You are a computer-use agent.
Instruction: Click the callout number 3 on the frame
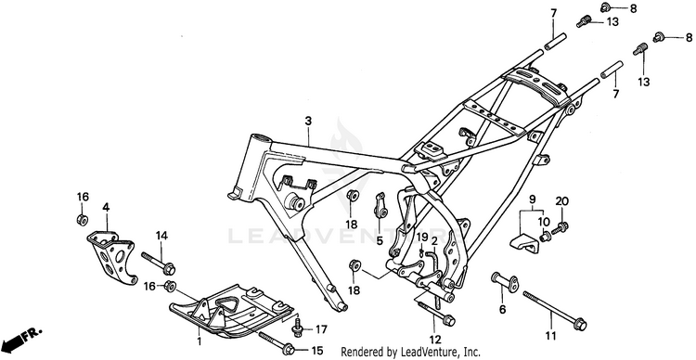(308, 121)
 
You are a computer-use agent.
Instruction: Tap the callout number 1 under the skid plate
(200, 341)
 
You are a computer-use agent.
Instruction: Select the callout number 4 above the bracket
(106, 207)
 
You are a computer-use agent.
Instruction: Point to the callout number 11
(550, 336)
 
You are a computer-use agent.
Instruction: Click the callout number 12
(435, 340)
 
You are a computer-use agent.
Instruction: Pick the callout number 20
(562, 201)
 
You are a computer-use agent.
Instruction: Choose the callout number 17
(321, 329)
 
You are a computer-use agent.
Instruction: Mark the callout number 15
(317, 351)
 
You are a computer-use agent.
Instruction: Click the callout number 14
(161, 237)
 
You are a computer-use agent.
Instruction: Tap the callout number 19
(421, 236)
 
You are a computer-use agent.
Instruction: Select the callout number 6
(502, 310)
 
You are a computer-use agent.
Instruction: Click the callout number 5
(380, 241)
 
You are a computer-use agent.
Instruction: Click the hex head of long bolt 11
(580, 325)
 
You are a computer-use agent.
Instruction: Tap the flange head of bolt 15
(288, 349)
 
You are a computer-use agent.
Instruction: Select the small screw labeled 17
(297, 327)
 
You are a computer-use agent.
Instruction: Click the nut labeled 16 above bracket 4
(82, 219)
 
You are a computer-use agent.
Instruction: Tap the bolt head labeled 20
(563, 226)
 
